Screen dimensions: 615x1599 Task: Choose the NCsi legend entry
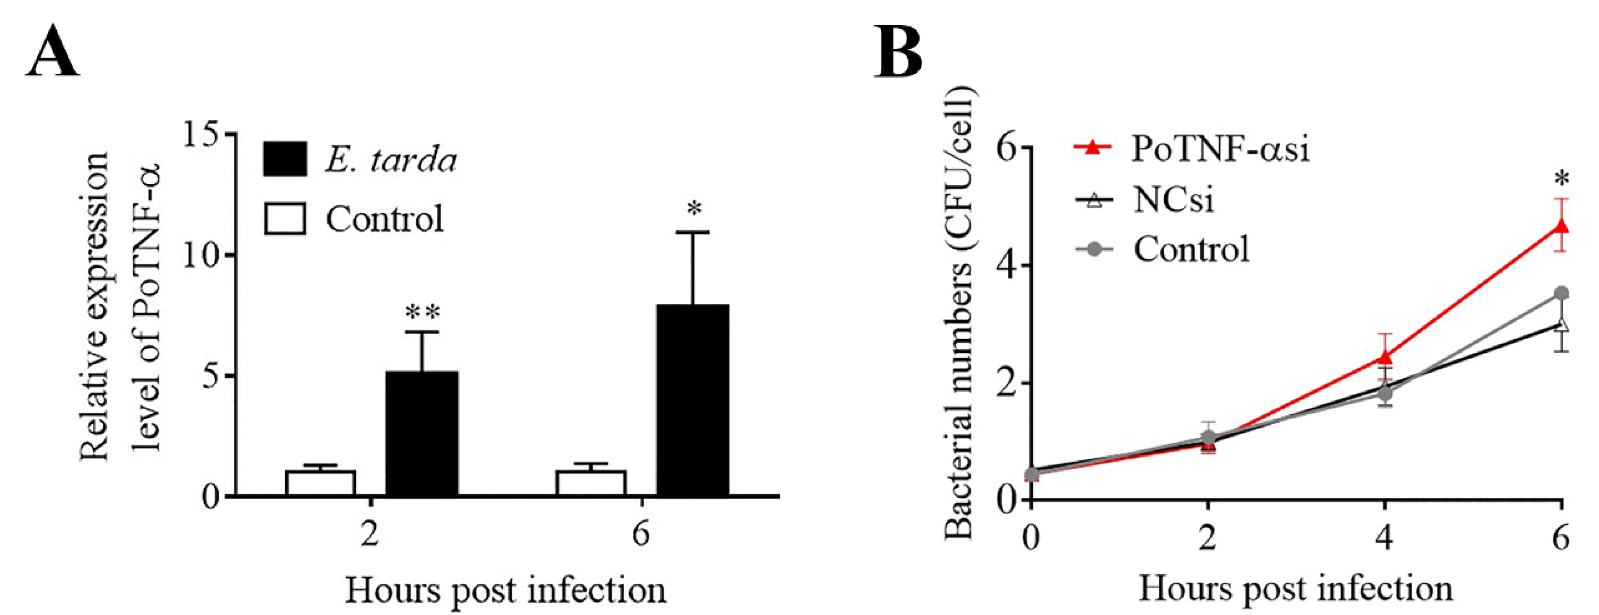pyautogui.click(x=1145, y=200)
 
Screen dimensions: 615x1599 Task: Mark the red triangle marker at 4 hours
pyautogui.click(x=1384, y=357)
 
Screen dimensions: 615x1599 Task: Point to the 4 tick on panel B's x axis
pyautogui.click(x=1384, y=537)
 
